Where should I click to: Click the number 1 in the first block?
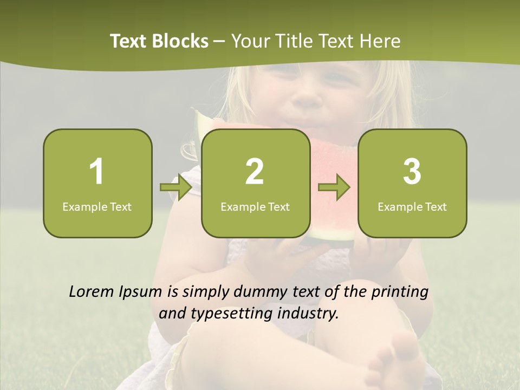[97, 172]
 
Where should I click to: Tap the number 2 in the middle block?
[255, 172]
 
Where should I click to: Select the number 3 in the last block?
[412, 172]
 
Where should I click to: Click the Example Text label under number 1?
[97, 206]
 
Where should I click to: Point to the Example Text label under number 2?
[255, 206]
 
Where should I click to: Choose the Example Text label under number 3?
[412, 206]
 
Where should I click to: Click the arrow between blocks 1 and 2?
[176, 187]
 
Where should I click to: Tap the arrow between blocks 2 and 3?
[334, 187]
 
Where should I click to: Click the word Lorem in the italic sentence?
[92, 292]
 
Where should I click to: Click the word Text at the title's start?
[128, 41]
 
